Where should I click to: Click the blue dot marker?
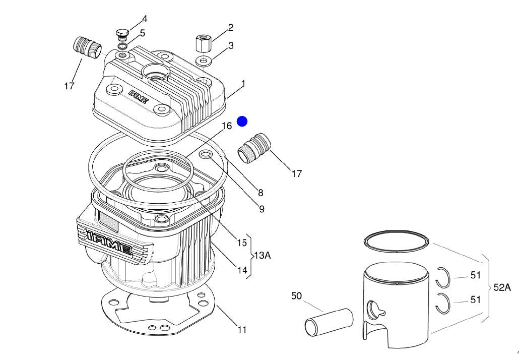click(242, 122)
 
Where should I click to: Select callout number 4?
click(144, 19)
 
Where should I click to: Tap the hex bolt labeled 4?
click(122, 34)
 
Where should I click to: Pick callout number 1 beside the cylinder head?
click(243, 84)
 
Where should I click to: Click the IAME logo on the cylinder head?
click(139, 96)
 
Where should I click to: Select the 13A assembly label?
click(263, 256)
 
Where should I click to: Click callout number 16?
click(227, 126)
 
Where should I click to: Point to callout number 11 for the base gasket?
click(242, 330)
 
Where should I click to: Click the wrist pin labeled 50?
click(329, 322)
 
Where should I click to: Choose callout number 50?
click(296, 295)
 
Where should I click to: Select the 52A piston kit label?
click(502, 287)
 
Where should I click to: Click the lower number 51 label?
click(475, 299)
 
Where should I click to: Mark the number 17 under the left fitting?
click(69, 86)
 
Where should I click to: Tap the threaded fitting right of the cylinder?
click(254, 148)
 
